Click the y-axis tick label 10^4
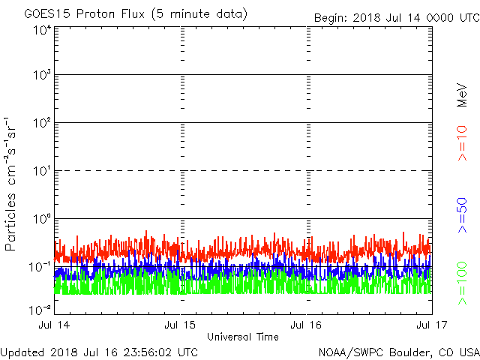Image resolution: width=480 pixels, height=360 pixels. point(41,30)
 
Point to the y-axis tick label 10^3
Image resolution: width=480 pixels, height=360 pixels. point(41,76)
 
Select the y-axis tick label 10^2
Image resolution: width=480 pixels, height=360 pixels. point(41,123)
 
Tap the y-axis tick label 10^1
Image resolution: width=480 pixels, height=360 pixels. point(41,171)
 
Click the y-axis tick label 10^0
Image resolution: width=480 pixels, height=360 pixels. point(41,219)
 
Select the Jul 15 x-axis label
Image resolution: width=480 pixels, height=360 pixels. point(181,325)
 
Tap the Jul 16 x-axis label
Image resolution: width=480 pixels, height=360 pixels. point(307,325)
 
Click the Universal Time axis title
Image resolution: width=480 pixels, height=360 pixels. point(243,337)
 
